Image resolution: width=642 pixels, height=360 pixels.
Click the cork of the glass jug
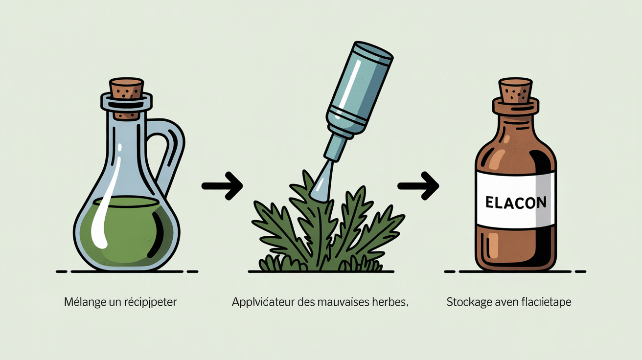click(x=126, y=89)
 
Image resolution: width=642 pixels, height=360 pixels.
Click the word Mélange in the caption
click(x=85, y=302)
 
